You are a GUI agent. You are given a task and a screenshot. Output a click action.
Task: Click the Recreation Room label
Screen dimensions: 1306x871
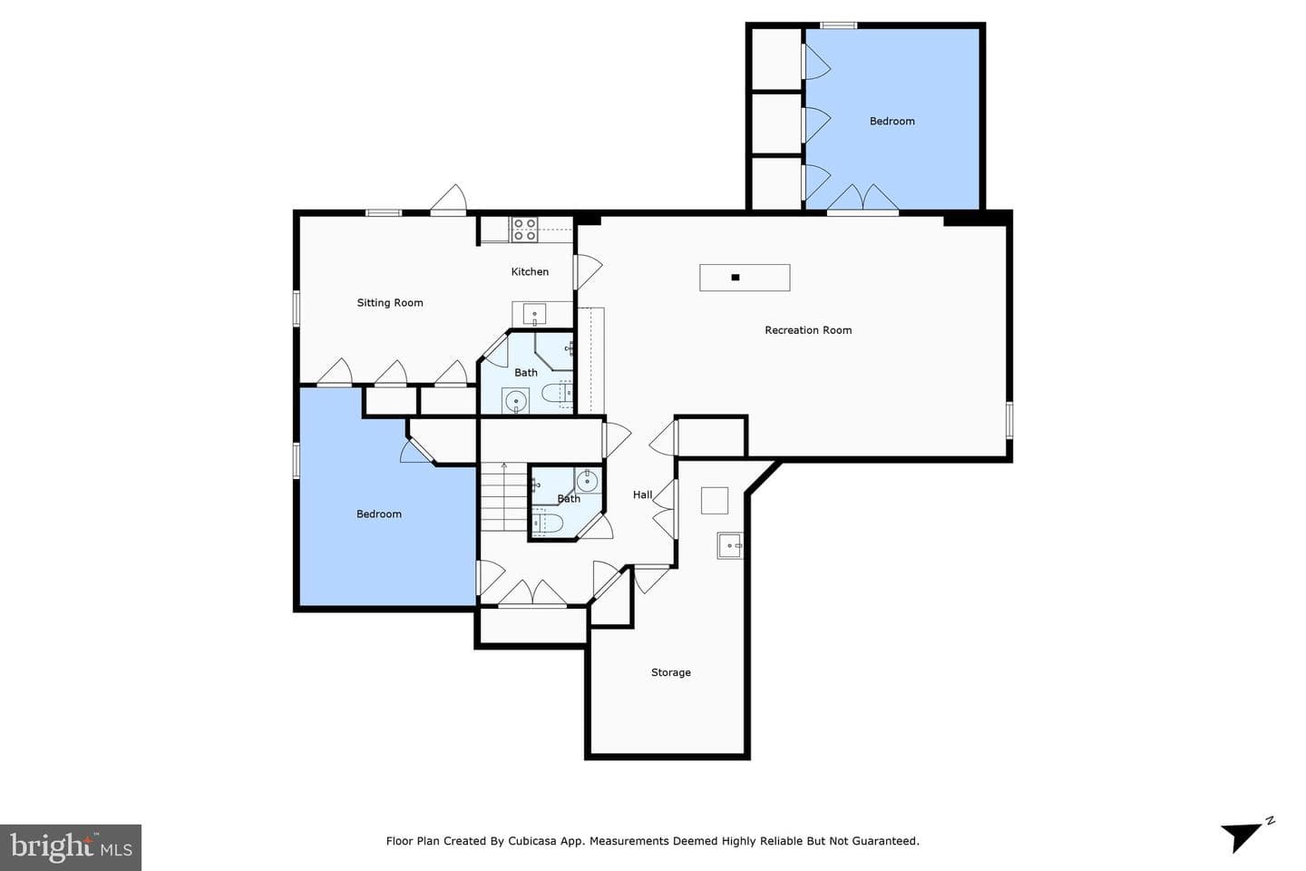click(808, 330)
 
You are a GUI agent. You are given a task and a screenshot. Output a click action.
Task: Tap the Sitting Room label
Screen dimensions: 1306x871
click(390, 303)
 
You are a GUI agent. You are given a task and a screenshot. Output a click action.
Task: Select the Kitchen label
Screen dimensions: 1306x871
click(530, 271)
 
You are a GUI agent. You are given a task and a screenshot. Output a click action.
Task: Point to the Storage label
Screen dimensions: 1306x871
click(671, 672)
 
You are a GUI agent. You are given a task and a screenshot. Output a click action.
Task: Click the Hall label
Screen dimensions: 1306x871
click(642, 494)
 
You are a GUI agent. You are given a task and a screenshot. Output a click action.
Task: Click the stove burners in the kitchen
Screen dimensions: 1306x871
click(525, 230)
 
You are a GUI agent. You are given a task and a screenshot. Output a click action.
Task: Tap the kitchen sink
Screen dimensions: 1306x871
click(535, 314)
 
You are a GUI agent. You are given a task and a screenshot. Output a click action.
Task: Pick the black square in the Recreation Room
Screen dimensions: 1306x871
click(736, 278)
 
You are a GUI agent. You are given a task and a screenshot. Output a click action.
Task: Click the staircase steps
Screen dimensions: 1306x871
click(503, 497)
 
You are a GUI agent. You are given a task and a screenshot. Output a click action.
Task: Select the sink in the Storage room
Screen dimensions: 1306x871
click(730, 546)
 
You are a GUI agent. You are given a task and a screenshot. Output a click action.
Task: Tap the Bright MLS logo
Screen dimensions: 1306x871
click(71, 847)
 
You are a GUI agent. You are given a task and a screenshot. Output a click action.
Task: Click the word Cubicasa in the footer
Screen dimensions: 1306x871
click(532, 841)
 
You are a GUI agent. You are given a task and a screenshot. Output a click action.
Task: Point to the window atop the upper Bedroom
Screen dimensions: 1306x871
click(838, 25)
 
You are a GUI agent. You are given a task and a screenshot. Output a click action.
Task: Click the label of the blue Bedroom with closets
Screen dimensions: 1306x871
click(892, 122)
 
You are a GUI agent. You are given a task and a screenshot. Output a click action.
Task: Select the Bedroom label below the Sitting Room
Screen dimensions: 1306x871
click(379, 514)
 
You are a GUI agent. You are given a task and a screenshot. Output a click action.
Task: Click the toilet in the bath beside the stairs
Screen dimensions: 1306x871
click(548, 523)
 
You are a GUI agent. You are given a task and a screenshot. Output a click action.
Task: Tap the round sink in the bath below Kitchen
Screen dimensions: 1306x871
click(516, 401)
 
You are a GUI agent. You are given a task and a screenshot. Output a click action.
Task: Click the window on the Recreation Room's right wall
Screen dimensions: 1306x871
click(1009, 419)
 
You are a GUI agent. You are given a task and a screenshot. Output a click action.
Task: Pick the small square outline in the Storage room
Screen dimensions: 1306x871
click(715, 501)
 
